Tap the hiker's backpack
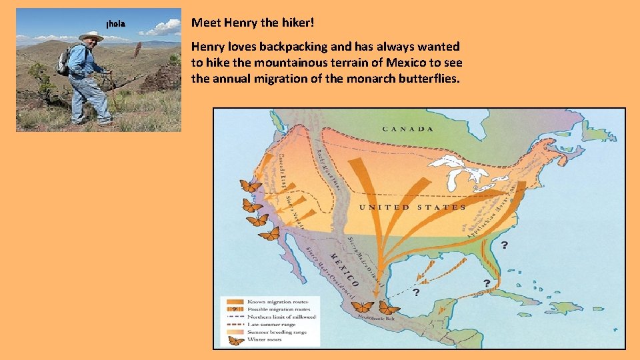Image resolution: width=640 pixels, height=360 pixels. (64, 62)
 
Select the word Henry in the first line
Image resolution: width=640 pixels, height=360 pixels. (242, 23)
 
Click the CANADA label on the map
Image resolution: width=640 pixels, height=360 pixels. (407, 129)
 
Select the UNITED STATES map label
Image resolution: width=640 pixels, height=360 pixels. (413, 207)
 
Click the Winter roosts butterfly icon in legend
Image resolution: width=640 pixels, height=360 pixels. (235, 339)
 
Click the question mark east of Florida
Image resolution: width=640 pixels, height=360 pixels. (504, 245)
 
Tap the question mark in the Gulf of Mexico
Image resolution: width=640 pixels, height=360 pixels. (416, 292)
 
